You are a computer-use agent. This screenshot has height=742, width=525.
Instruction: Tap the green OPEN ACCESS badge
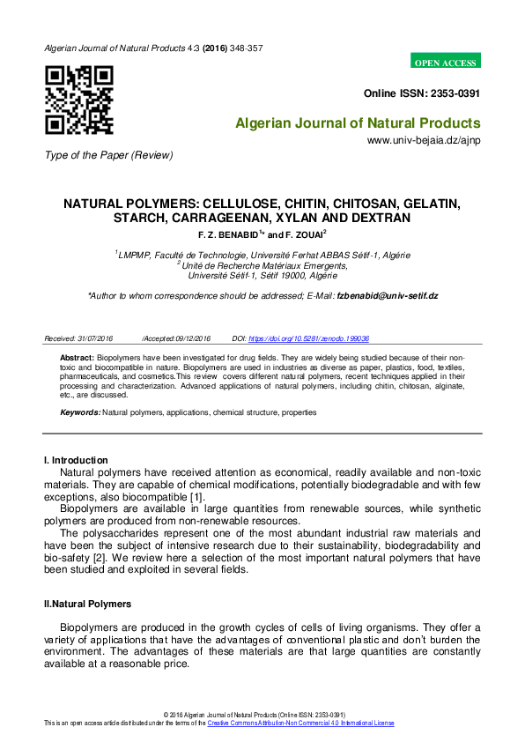pos(446,63)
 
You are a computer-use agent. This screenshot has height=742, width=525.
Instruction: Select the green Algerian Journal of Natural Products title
pos(358,123)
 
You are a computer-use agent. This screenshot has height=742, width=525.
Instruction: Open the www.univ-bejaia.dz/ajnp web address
pos(424,140)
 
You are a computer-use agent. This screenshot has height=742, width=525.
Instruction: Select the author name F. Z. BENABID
pos(229,235)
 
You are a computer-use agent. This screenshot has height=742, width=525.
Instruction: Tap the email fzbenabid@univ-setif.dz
pos(388,296)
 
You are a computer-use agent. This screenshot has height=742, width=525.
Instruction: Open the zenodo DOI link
pos(309,338)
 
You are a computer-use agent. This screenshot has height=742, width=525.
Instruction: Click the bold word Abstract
pos(77,359)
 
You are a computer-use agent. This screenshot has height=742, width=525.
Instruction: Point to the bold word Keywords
pos(80,412)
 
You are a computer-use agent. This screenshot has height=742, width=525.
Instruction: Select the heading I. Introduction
pos(76,460)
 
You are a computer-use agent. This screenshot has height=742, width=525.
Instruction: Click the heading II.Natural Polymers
pos(87,604)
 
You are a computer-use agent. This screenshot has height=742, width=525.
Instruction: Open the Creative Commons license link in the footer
pos(300,723)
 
